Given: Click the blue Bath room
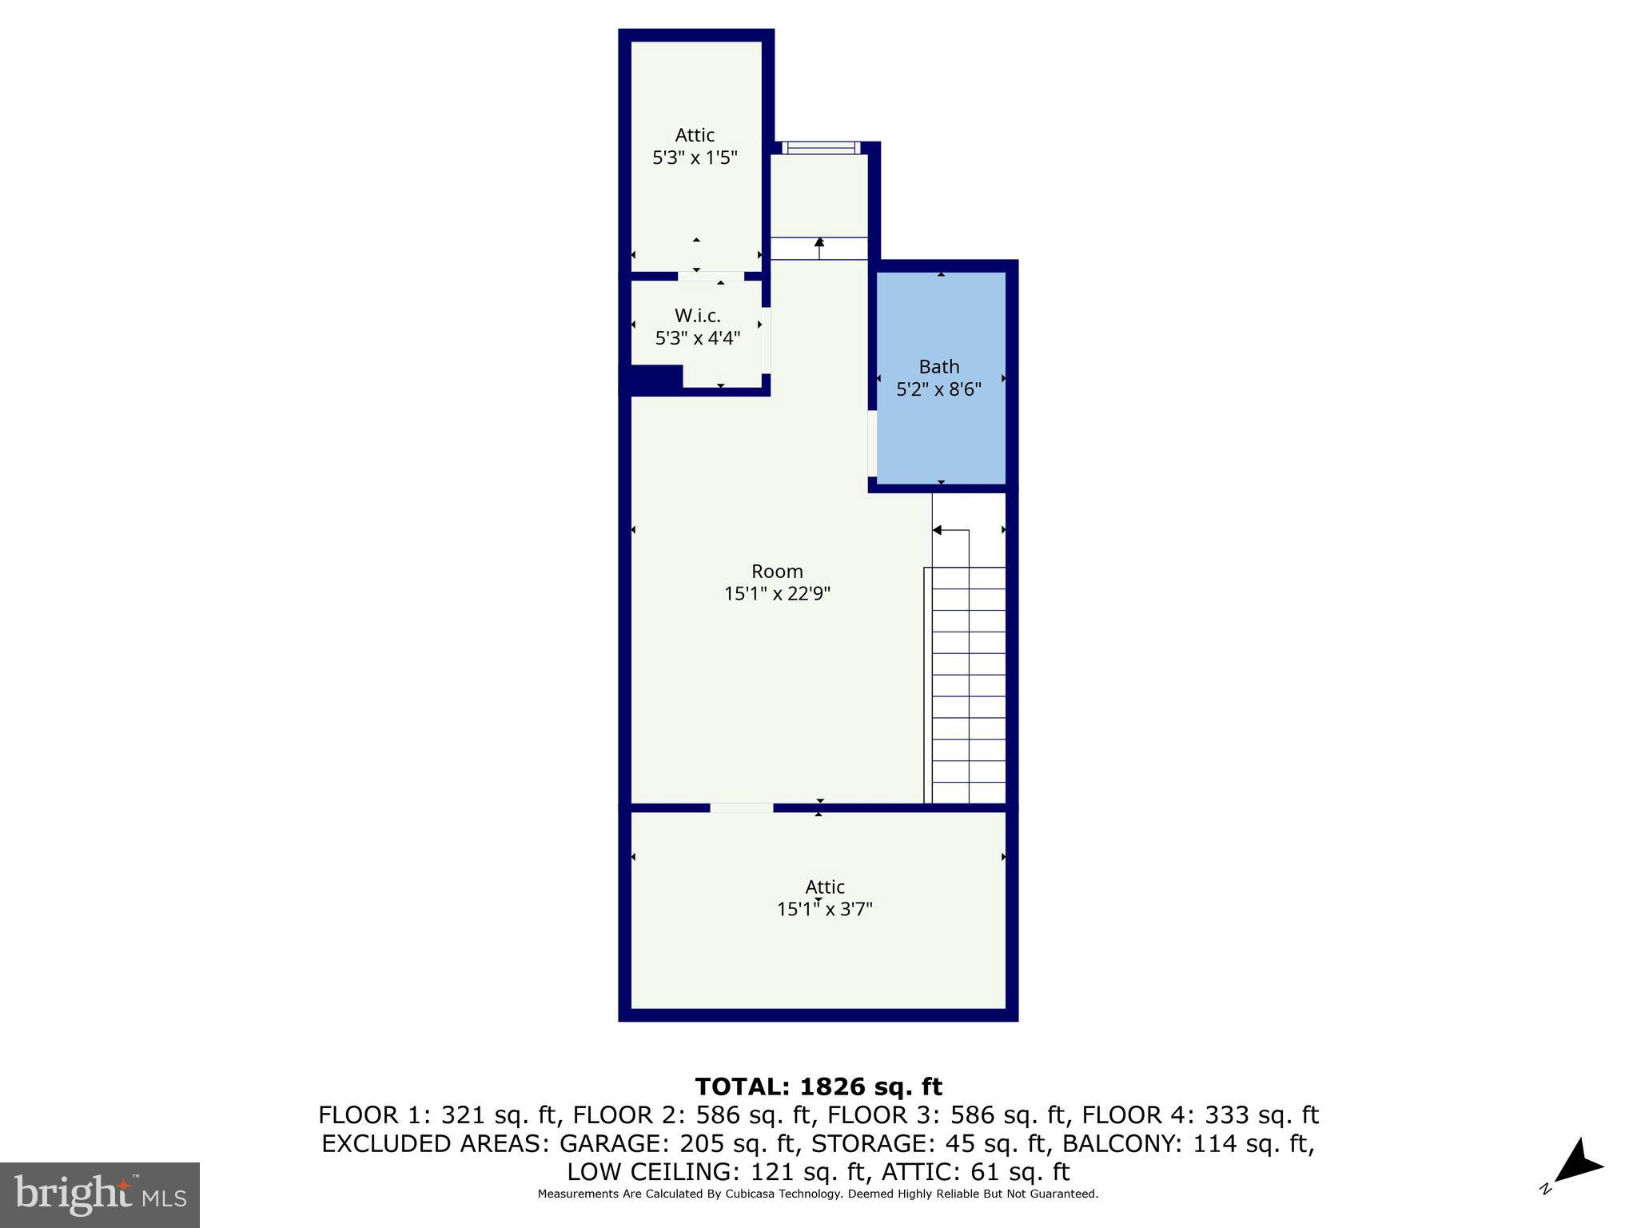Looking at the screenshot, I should (941, 432).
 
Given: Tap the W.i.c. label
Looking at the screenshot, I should (697, 316).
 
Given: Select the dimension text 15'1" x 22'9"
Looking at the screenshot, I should (777, 594).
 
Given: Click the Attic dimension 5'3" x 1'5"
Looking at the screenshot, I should (695, 158).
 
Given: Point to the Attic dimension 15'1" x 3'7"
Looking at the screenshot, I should (824, 909).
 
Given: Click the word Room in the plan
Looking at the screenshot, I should (777, 572).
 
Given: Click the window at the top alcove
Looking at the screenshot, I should (821, 147).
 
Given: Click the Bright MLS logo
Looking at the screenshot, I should (100, 1194).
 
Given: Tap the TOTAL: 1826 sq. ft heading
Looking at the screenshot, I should (818, 1086).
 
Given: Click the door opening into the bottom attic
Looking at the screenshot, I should (741, 807).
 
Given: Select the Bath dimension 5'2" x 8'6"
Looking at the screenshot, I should (938, 390).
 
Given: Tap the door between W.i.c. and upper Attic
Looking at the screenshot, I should (711, 276).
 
